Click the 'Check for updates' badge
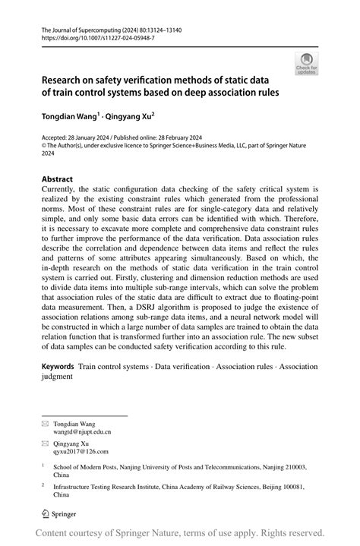point(307,63)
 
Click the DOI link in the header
point(90,36)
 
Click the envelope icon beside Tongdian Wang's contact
point(45,423)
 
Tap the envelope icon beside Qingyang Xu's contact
point(45,442)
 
